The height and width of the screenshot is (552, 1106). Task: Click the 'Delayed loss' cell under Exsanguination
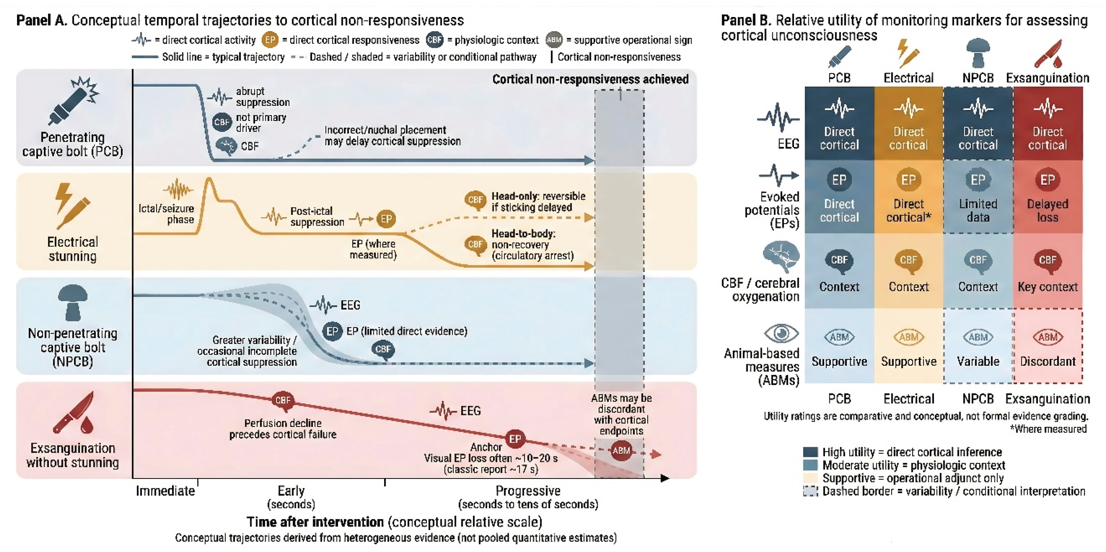tap(1047, 197)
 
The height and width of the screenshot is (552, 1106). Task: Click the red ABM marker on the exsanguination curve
tap(621, 451)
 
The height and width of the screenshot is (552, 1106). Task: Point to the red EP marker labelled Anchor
tap(515, 439)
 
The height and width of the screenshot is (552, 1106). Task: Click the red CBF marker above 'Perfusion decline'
tap(283, 400)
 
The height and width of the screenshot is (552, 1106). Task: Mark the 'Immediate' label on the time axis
tap(165, 491)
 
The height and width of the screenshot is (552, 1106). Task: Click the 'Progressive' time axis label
tap(528, 491)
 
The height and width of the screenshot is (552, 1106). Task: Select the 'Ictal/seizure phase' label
tap(167, 214)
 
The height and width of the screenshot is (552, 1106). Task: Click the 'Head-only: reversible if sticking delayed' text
tap(538, 202)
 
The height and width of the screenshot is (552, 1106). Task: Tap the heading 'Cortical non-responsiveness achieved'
tap(590, 80)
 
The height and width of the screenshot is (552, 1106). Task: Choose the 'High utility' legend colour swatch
tap(810, 452)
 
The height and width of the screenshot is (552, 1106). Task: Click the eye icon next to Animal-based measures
tap(781, 333)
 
